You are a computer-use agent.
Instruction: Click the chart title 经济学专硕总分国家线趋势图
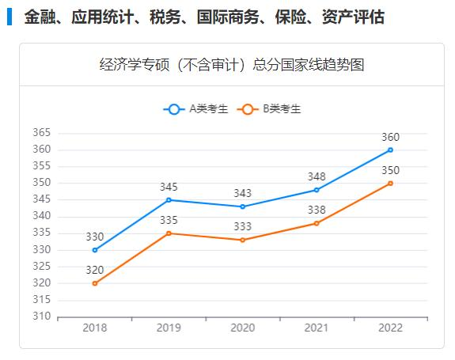(232, 65)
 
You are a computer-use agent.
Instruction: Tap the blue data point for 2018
(95, 250)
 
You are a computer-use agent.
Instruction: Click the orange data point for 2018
(95, 283)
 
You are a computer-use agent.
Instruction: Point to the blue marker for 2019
(169, 200)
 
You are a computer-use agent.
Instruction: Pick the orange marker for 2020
(242, 240)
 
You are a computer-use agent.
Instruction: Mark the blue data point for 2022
(390, 150)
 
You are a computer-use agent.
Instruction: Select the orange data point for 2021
(317, 223)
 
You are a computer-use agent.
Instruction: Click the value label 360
(390, 137)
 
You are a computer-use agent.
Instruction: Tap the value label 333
(242, 227)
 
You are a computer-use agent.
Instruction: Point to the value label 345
(169, 188)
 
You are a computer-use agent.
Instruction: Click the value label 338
(317, 210)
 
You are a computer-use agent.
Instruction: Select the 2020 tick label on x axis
(242, 328)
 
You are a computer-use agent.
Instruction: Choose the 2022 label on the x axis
(390, 328)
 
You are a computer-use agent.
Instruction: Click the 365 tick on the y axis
(42, 133)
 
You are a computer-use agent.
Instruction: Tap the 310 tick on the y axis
(42, 317)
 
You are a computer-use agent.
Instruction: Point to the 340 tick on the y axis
(42, 216)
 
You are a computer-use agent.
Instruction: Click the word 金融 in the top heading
(39, 17)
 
